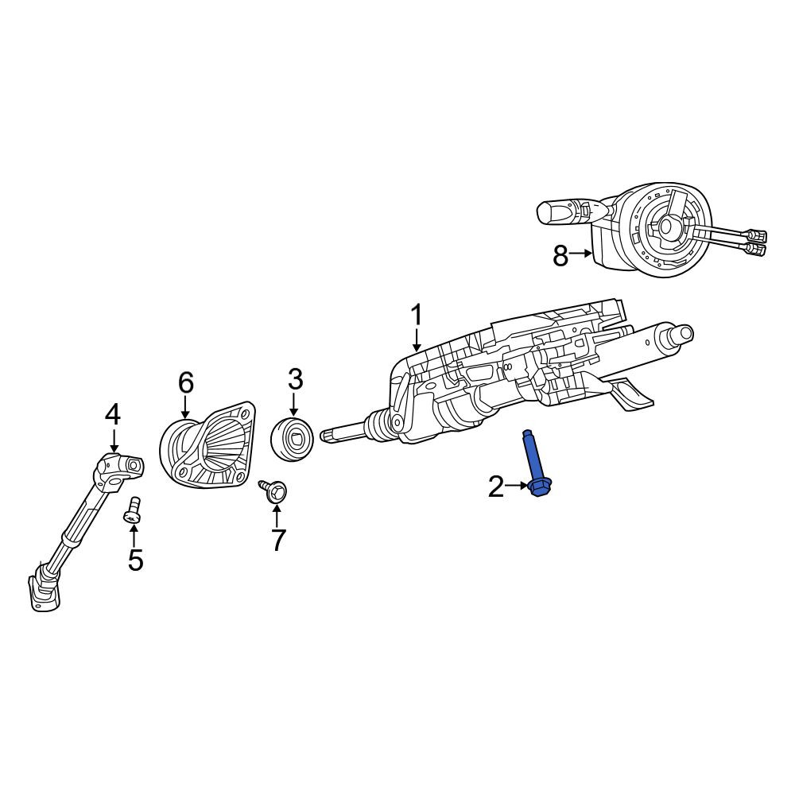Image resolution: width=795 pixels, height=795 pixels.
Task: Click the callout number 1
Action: click(416, 316)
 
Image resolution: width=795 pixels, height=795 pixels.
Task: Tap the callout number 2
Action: click(496, 487)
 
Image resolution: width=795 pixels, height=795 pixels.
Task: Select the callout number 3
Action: click(295, 380)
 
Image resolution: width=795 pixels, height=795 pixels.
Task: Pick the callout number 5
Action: click(135, 560)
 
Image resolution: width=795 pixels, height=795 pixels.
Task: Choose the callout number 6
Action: click(185, 383)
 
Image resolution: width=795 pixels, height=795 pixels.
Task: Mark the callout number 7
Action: click(278, 540)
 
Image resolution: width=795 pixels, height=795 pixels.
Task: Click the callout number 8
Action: click(560, 257)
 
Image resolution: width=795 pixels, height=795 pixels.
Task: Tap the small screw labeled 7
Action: click(274, 491)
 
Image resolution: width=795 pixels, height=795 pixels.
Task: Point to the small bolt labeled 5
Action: click(132, 510)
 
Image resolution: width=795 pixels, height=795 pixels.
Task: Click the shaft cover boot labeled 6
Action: click(207, 445)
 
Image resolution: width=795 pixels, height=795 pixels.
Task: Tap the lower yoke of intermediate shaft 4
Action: click(45, 590)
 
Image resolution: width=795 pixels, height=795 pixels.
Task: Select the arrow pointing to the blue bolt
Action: click(517, 486)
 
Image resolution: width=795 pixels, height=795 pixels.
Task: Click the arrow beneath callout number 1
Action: click(417, 340)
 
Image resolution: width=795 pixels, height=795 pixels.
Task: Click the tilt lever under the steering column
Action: click(628, 392)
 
